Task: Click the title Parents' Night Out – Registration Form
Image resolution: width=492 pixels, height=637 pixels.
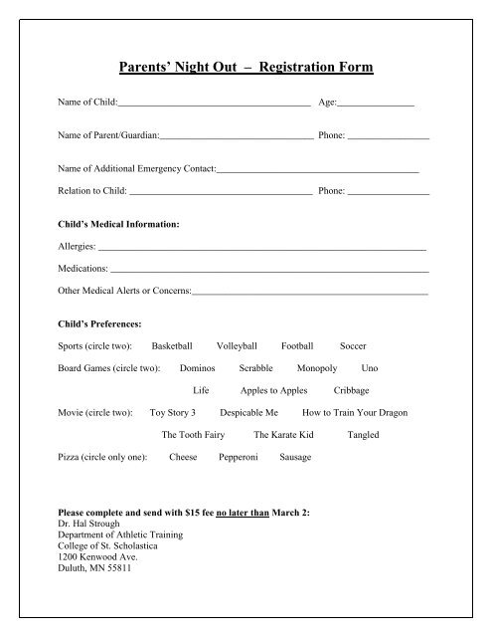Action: (x=246, y=69)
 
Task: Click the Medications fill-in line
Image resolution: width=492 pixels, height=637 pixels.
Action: (x=269, y=270)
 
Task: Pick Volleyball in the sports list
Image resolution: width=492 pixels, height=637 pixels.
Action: (x=237, y=345)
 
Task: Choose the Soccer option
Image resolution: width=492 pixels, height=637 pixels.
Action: (x=353, y=345)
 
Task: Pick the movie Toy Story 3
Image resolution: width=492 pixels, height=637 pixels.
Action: (x=179, y=412)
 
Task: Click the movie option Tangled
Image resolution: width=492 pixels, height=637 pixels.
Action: (x=364, y=435)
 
